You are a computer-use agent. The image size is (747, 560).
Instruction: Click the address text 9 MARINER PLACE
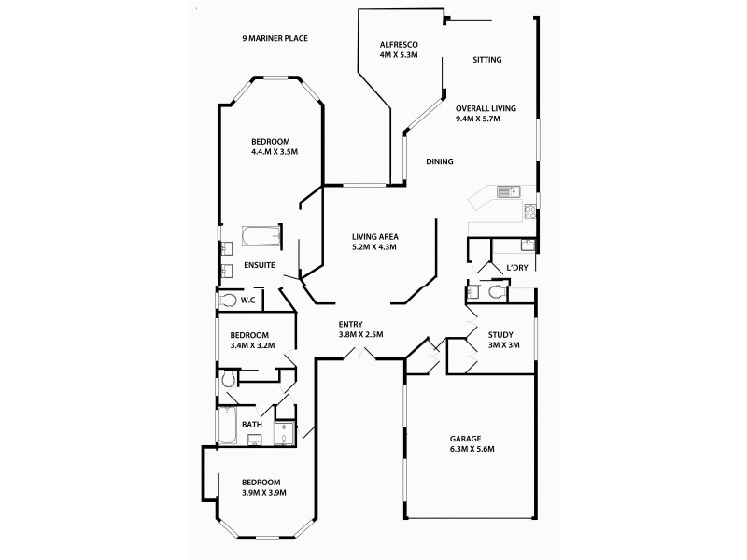(275, 38)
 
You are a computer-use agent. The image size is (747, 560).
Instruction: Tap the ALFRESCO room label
(398, 50)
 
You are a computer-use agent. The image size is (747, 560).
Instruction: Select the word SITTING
(486, 60)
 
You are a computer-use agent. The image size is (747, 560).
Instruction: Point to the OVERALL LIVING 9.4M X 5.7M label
(485, 114)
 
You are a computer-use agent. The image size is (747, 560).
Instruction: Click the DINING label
(439, 161)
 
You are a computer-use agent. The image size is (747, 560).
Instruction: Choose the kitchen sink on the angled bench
(508, 192)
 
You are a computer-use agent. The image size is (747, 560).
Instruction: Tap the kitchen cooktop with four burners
(530, 210)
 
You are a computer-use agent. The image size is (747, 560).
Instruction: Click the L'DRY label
(517, 269)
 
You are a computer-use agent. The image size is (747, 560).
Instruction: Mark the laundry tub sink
(528, 245)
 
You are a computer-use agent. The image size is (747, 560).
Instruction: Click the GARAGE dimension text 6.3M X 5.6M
(471, 449)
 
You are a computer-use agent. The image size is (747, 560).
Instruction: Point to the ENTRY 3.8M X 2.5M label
(360, 329)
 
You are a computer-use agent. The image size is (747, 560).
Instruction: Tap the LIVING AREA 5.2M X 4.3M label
(374, 242)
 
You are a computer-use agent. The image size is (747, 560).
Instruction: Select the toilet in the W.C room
(229, 300)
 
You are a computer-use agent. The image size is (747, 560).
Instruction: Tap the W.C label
(248, 300)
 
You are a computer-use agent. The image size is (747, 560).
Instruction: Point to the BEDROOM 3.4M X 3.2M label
(249, 341)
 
